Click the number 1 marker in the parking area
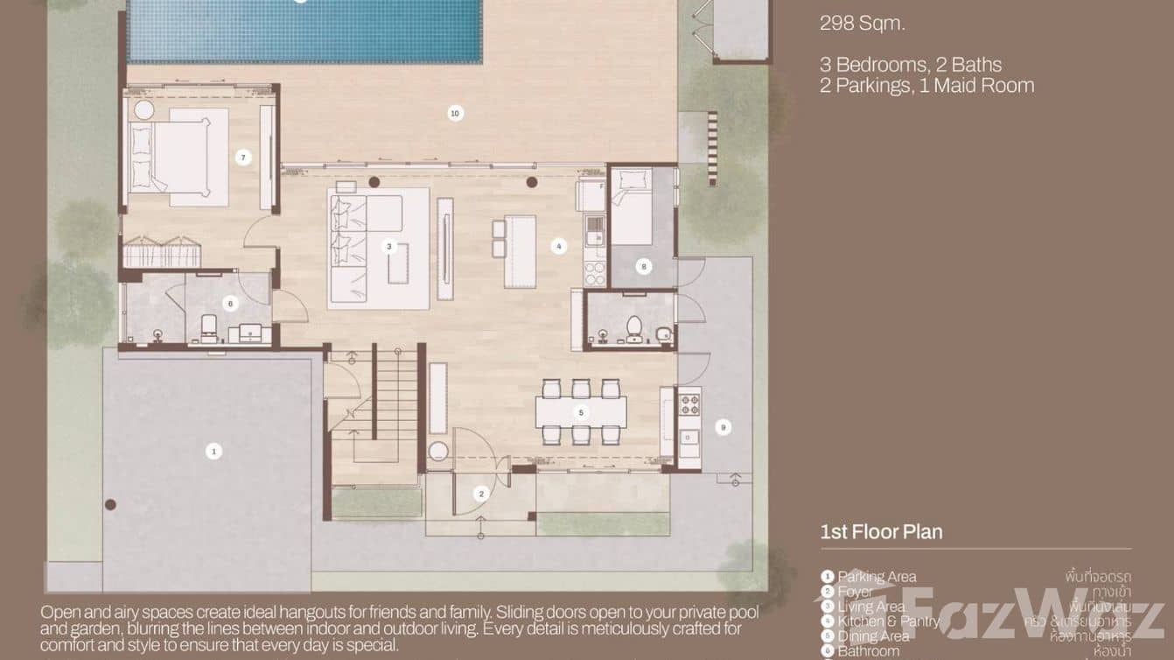(x=213, y=451)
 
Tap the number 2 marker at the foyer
(x=480, y=495)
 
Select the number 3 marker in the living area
(x=388, y=247)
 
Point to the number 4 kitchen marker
(x=559, y=247)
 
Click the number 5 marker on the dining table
(x=581, y=411)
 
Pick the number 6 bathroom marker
(x=231, y=304)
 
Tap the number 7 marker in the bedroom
(x=243, y=158)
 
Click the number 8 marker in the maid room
(x=644, y=266)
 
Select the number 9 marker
(x=723, y=427)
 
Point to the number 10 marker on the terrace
(x=454, y=113)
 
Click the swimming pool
(x=304, y=32)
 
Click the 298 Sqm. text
(x=863, y=24)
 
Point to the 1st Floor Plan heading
(x=881, y=531)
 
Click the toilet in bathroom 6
(x=208, y=327)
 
